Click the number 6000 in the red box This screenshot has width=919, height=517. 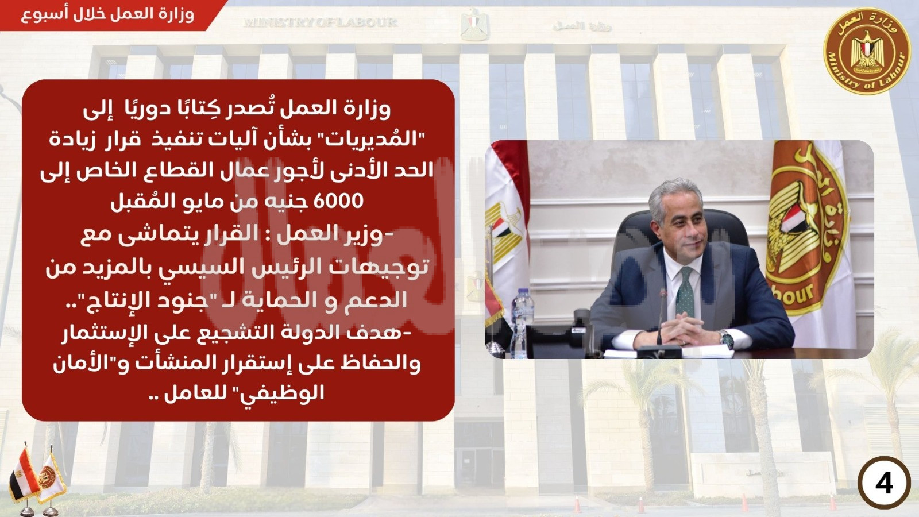point(338,202)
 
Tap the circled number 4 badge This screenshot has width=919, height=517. point(884,484)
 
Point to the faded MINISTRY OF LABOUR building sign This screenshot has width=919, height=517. point(321,22)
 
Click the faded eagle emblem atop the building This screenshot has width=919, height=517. point(474,25)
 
